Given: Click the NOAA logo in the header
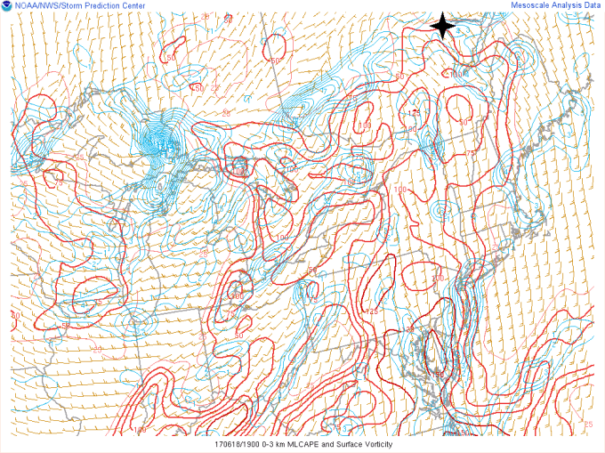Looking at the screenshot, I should click(x=7, y=7).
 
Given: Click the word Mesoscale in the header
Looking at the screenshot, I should click(x=531, y=5).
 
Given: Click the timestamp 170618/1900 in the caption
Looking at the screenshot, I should click(x=238, y=444).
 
